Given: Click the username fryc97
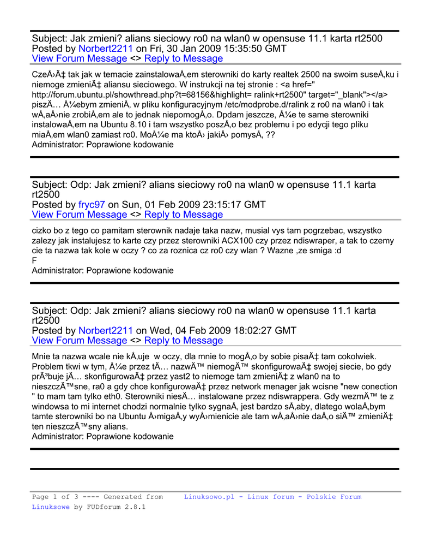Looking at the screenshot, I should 92,205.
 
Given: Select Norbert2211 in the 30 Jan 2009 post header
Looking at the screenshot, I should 106,49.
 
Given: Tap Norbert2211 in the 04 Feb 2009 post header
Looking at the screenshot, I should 106,330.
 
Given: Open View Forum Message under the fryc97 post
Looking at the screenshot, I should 80,215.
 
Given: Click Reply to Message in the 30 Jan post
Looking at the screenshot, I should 184,58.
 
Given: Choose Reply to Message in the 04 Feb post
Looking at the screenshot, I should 184,341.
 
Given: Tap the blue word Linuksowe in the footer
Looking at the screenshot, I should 51,507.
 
